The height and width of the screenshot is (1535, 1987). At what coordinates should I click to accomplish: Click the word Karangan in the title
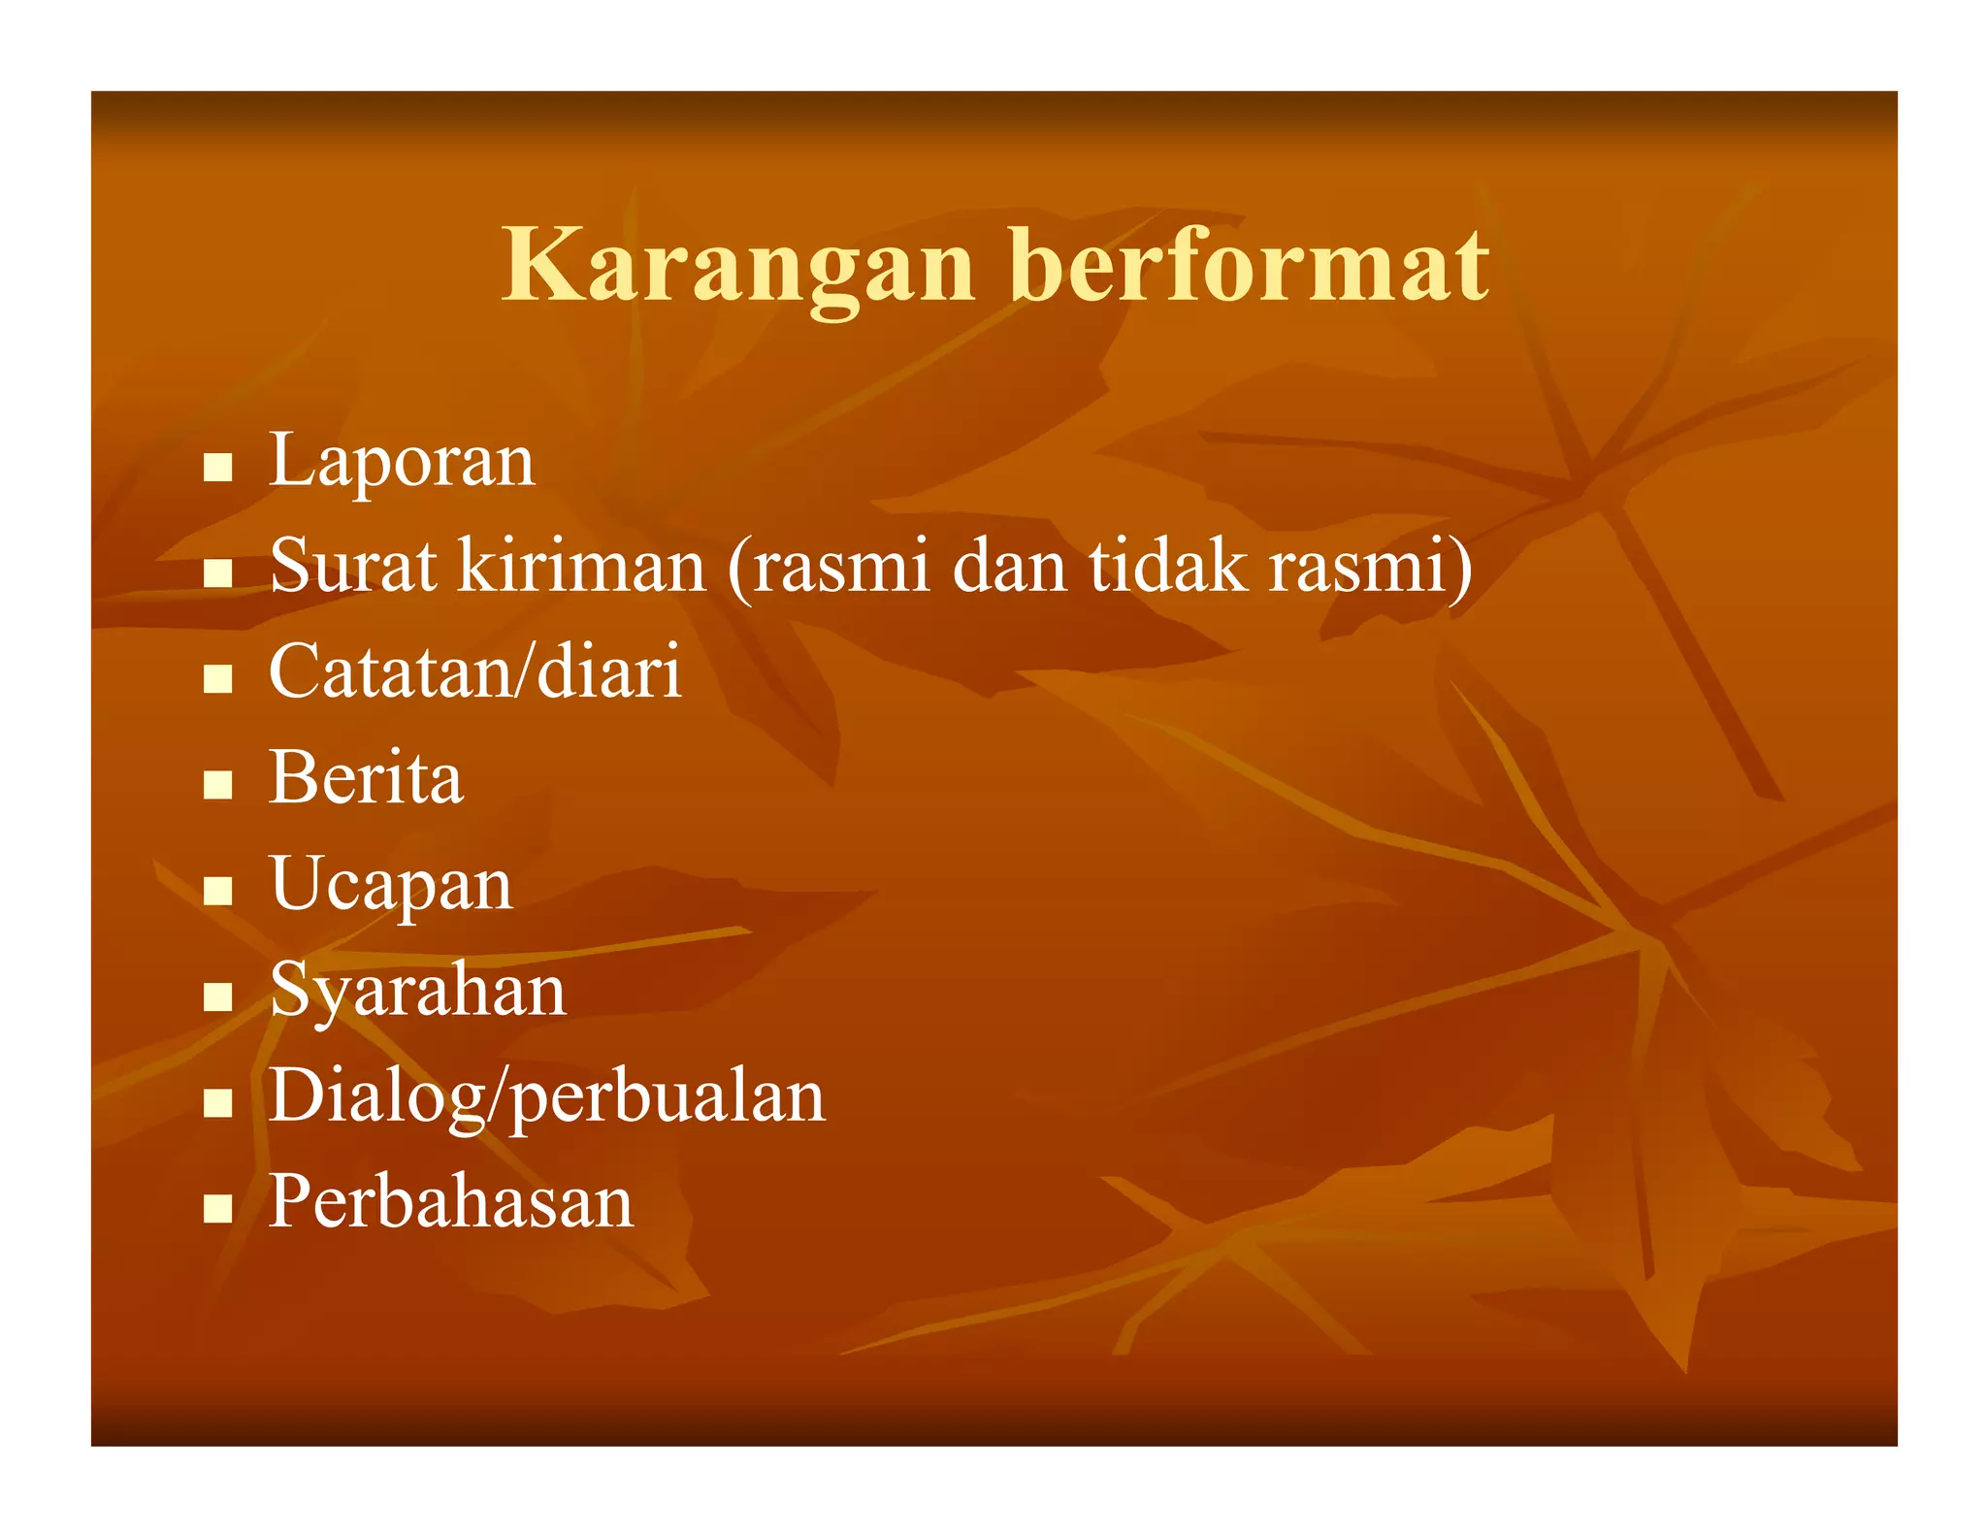click(737, 266)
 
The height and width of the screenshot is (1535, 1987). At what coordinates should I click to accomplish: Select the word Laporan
click(401, 461)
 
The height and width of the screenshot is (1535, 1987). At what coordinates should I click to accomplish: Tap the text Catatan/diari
click(474, 671)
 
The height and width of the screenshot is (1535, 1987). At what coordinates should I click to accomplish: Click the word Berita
click(366, 777)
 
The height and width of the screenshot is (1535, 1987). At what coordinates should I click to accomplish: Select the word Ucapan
click(390, 885)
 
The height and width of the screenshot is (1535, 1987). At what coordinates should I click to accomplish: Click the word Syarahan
click(417, 991)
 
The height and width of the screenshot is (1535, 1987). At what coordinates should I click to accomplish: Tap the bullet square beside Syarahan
click(218, 996)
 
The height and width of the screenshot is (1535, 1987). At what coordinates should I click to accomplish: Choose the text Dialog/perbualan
click(546, 1097)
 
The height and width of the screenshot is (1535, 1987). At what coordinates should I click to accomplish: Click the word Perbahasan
click(450, 1201)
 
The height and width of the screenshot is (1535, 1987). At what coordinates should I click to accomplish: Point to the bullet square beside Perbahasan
click(218, 1208)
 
